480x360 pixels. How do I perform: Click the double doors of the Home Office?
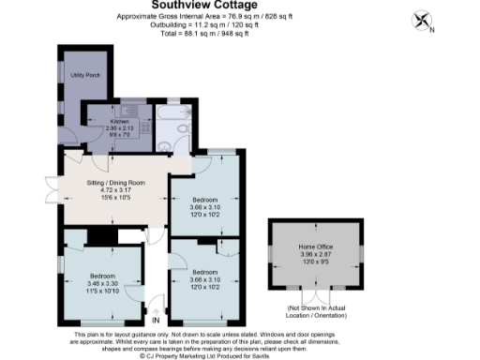(319, 294)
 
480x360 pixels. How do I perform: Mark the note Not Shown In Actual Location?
(320, 310)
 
